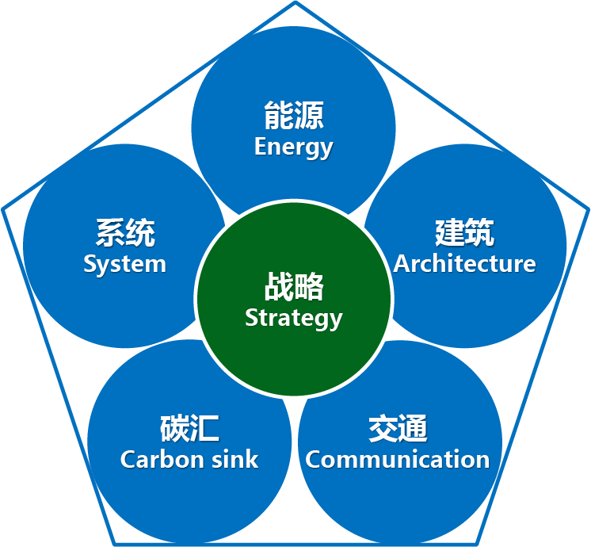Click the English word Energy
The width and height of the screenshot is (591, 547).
click(x=293, y=147)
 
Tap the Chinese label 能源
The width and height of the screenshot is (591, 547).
click(x=294, y=117)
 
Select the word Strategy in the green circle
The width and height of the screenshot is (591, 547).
click(x=293, y=318)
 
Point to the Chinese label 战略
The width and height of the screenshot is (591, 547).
click(x=294, y=287)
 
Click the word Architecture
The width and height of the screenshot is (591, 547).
click(x=464, y=263)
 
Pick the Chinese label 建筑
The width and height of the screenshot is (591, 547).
click(x=465, y=233)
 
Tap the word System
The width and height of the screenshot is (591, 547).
click(x=124, y=264)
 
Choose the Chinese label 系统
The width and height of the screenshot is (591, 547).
click(x=125, y=234)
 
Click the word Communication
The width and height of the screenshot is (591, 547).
click(x=398, y=459)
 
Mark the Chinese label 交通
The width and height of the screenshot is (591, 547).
click(x=398, y=429)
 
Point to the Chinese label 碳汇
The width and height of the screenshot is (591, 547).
click(x=189, y=429)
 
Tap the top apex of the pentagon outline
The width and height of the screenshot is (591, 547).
click(x=295, y=3)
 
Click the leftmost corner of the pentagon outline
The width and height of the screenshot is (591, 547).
click(x=3, y=210)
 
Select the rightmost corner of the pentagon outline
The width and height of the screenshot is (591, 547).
click(x=588, y=210)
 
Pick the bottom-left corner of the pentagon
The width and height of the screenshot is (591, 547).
click(x=115, y=543)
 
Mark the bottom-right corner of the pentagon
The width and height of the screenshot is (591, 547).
click(x=476, y=543)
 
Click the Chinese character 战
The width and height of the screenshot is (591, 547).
click(x=279, y=287)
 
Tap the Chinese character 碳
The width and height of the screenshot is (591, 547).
click(x=174, y=429)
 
